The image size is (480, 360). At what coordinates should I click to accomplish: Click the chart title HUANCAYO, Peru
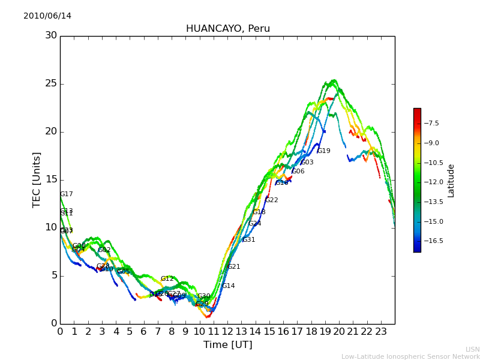(x=227, y=29)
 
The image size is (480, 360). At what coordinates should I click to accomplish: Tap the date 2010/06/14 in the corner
(x=47, y=16)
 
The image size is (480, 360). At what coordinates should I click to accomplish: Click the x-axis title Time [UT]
(x=227, y=345)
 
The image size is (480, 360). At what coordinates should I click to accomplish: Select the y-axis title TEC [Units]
(x=37, y=179)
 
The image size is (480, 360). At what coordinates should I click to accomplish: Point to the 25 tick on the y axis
(x=51, y=83)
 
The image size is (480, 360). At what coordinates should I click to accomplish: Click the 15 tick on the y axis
(x=51, y=179)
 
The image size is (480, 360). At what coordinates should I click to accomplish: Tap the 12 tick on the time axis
(x=227, y=331)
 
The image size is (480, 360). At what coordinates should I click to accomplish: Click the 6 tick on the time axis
(x=144, y=331)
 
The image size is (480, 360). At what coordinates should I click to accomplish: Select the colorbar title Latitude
(x=451, y=180)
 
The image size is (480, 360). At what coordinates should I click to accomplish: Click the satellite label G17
(x=67, y=194)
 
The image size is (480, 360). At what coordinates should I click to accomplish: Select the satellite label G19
(x=324, y=151)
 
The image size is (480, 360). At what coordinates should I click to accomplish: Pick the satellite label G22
(x=272, y=200)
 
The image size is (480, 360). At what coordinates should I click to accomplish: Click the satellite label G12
(x=167, y=279)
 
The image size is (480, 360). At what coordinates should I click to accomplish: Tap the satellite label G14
(x=229, y=286)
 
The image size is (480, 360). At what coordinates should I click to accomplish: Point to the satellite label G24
(x=255, y=224)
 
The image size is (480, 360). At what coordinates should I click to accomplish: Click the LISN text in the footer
(x=472, y=349)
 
